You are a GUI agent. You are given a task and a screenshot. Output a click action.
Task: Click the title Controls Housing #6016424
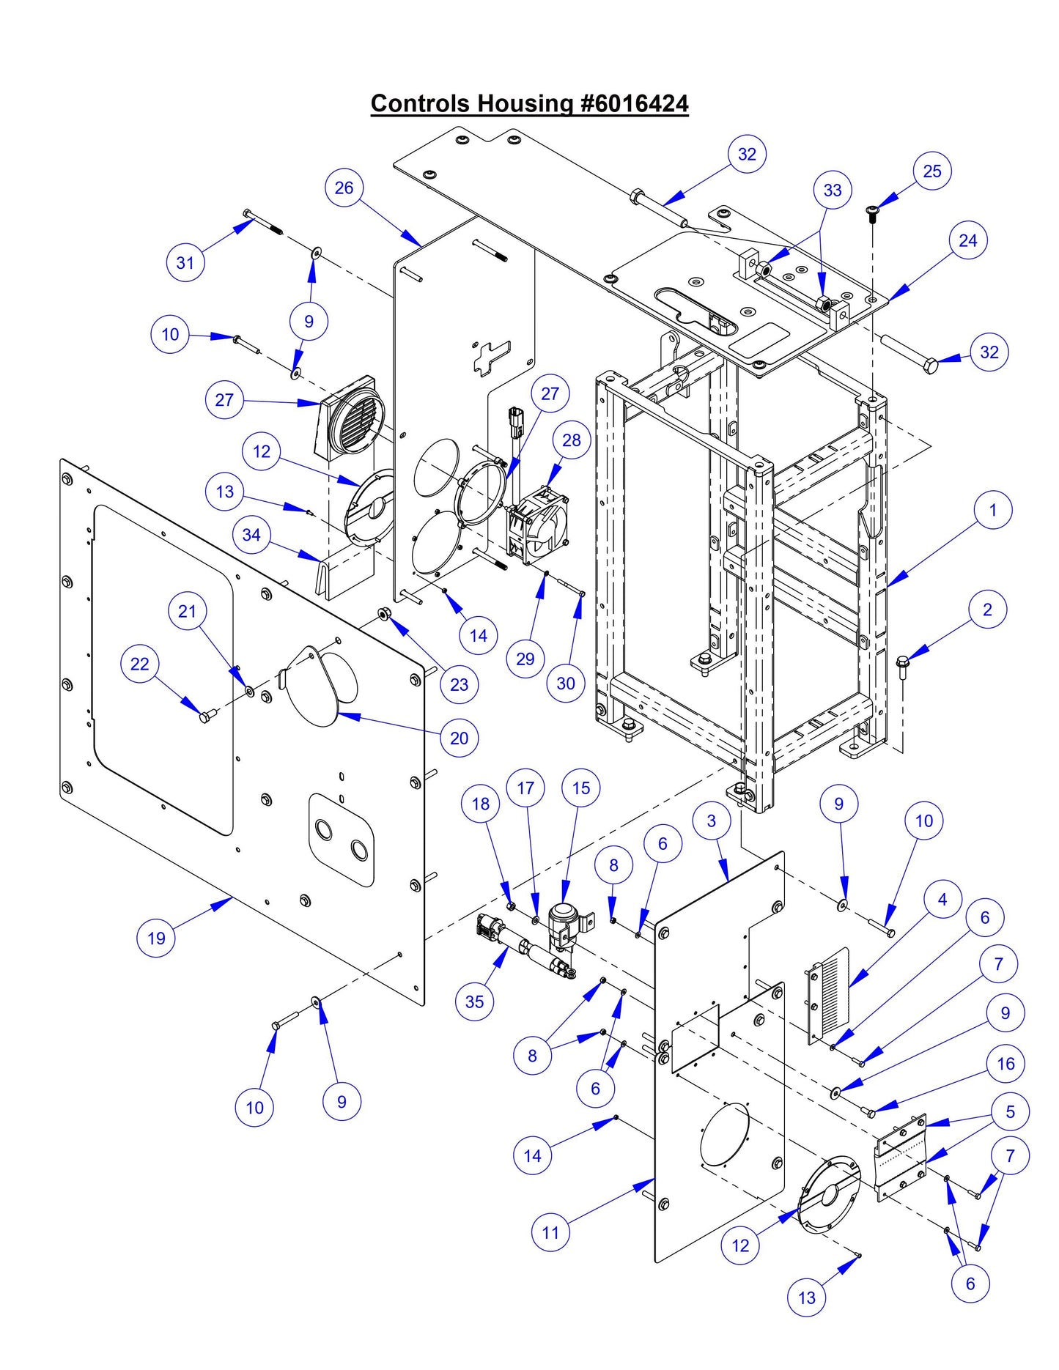coord(529,103)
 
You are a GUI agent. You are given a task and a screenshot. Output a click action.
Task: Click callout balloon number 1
coord(992,510)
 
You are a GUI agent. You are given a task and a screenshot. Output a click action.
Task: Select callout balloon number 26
coord(344,188)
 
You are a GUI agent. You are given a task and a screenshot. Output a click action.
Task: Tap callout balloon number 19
coord(156,938)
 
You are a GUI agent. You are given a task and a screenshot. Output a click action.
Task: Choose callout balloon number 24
coord(967,240)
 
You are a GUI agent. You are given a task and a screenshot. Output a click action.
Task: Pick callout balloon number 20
coord(459,738)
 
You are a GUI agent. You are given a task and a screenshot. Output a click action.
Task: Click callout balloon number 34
coord(251,535)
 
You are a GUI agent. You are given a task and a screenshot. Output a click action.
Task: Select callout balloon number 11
coord(550,1232)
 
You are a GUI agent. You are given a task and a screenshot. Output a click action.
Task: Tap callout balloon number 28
coord(571,440)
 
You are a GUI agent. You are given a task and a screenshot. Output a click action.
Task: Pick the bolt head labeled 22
coord(205,717)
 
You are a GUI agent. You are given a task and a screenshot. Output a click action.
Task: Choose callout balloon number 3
coord(711,821)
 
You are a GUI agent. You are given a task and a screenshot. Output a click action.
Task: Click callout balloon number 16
coord(1006,1064)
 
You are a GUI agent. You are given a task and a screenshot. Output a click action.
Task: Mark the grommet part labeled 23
coord(382,612)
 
